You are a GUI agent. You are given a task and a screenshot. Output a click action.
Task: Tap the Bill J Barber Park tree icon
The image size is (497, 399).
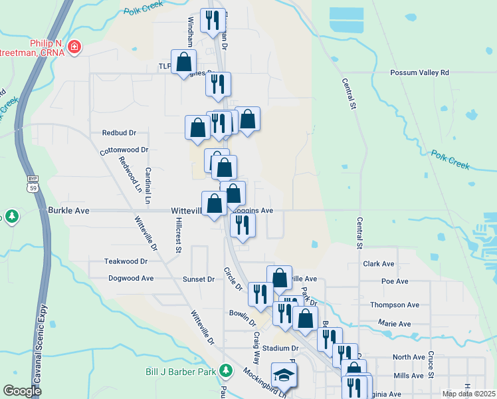[227, 370]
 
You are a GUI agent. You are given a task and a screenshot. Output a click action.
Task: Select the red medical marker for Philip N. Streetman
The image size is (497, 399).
[75, 47]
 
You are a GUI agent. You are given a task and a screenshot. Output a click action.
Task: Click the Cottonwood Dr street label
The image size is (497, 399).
[124, 151]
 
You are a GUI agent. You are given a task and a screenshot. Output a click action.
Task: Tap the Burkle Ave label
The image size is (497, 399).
[68, 210]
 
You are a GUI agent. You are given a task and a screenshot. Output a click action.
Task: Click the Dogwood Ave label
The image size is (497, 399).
[131, 279]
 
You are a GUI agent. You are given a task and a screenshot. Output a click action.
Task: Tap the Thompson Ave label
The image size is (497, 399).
[395, 305]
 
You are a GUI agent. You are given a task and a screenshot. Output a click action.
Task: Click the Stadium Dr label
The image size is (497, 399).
[280, 348]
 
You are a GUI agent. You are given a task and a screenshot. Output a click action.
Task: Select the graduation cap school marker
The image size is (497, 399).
[284, 374]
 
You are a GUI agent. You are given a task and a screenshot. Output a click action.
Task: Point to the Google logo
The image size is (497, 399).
[22, 390]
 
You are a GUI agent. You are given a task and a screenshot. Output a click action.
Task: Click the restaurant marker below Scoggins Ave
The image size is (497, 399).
[243, 224]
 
